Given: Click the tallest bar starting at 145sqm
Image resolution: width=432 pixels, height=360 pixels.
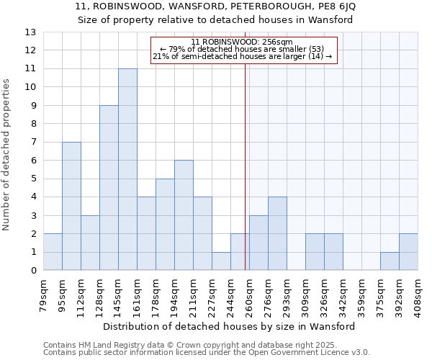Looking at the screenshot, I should click(127, 169).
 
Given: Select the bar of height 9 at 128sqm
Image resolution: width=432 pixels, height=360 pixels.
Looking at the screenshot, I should click(109, 188).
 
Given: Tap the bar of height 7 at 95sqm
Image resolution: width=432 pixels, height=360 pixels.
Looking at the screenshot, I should click(71, 206).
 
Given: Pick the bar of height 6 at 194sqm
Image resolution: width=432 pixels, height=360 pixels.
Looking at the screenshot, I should click(184, 215).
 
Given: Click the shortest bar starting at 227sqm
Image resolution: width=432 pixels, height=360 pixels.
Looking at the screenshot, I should click(221, 261).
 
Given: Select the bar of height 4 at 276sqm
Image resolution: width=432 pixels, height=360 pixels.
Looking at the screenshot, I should click(277, 233).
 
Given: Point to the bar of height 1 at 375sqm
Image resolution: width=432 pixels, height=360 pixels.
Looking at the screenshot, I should click(390, 261).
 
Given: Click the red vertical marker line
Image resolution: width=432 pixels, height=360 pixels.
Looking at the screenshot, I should click(246, 166).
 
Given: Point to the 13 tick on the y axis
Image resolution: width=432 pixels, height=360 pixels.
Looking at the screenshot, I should click(30, 32).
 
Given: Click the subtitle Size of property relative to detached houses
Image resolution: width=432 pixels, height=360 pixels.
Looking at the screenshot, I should click(215, 20).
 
